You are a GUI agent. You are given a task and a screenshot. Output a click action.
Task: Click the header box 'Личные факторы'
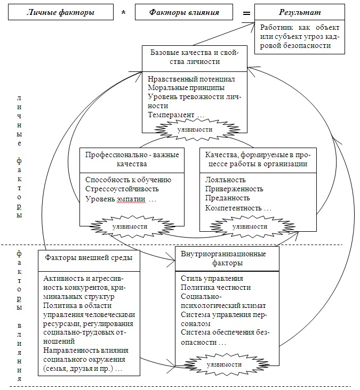click(x=61, y=12)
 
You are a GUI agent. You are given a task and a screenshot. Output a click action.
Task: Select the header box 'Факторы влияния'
click(x=184, y=12)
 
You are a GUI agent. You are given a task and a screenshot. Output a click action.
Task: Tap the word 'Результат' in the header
click(x=300, y=12)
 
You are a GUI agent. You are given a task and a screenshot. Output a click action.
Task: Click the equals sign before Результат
click(x=246, y=13)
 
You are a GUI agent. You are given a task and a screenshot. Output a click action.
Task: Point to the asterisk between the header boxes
click(x=124, y=12)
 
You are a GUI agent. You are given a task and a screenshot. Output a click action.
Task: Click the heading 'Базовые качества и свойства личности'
click(x=195, y=57)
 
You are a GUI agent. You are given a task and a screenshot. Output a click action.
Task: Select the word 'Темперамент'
click(x=171, y=115)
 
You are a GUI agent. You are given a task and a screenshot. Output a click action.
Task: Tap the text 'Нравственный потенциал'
click(x=191, y=79)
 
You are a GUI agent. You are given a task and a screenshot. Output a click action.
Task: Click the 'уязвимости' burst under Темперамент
click(x=195, y=129)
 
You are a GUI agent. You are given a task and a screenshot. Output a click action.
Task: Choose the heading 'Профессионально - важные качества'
click(x=132, y=159)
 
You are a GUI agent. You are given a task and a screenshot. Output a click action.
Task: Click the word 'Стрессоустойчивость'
click(x=122, y=189)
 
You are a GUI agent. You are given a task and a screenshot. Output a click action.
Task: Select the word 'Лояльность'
click(x=225, y=180)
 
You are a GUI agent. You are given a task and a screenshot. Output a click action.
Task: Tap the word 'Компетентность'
click(x=233, y=208)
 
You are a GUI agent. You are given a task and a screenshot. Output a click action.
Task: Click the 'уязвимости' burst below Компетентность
click(x=250, y=226)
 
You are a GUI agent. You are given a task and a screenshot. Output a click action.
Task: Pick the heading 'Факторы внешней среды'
click(x=89, y=257)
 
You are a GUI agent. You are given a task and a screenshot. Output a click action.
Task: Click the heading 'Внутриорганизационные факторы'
click(x=223, y=258)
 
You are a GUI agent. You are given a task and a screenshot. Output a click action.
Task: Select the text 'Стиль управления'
click(x=212, y=278)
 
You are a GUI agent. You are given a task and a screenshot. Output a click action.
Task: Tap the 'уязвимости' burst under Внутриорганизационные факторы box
click(x=224, y=364)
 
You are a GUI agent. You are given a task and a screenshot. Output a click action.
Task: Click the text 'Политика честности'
click(x=215, y=287)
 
